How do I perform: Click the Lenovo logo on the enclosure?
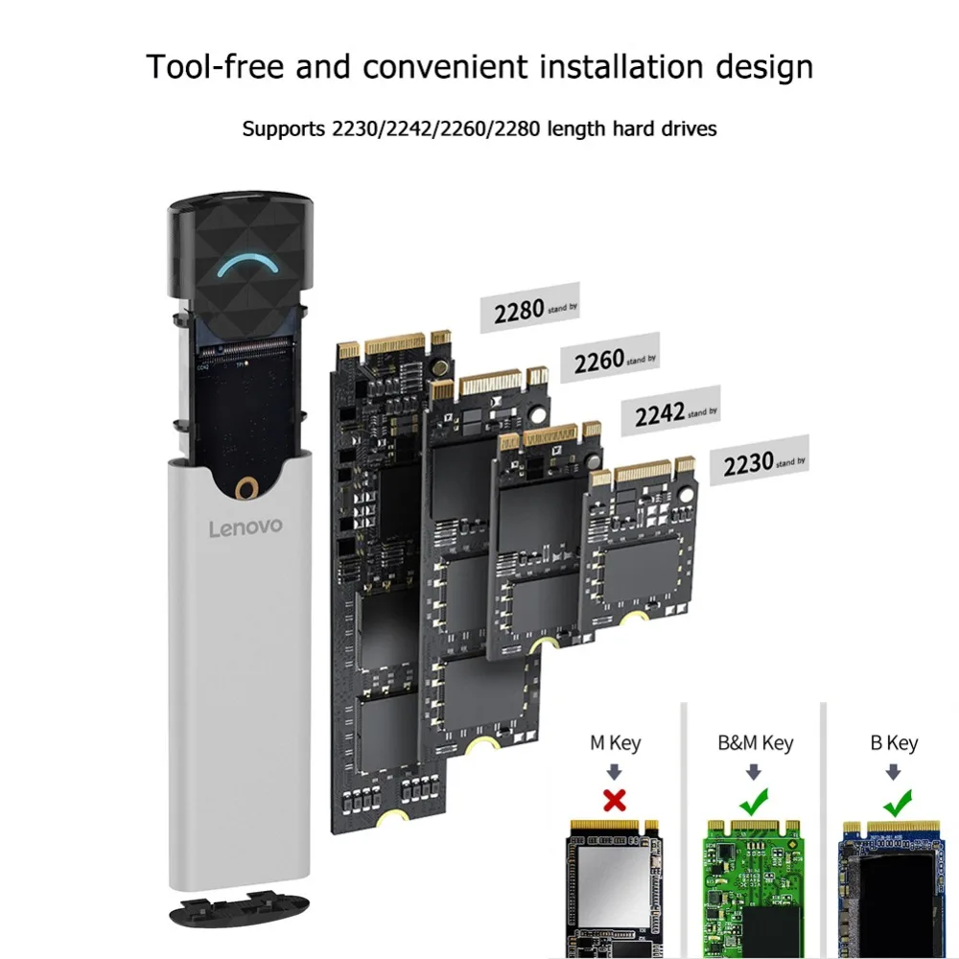coord(246,526)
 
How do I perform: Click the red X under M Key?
coord(615,800)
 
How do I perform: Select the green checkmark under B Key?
coord(898,799)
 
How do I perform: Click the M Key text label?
coord(615,742)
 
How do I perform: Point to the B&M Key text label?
coord(756,742)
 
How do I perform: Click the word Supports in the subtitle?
coord(283,129)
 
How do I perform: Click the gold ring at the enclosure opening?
coord(246,489)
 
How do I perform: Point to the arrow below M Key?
coord(615,770)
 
